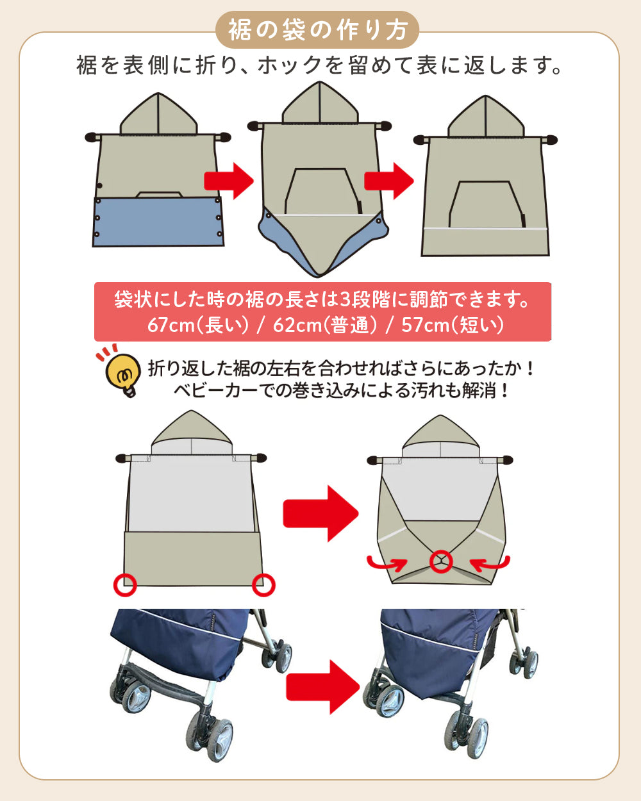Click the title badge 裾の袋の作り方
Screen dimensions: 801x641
pyautogui.click(x=318, y=30)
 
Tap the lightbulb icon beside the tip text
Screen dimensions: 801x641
pyautogui.click(x=122, y=373)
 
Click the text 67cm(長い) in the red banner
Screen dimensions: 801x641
pyautogui.click(x=197, y=325)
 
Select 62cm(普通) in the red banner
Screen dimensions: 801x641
pyautogui.click(x=324, y=325)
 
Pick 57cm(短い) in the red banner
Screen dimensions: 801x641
pyautogui.click(x=453, y=325)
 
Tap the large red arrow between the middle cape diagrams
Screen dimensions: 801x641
pyautogui.click(x=320, y=513)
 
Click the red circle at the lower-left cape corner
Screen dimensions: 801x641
pyautogui.click(x=124, y=584)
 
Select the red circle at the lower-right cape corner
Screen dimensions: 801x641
pyautogui.click(x=263, y=584)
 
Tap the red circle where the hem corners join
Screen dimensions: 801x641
pyautogui.click(x=441, y=561)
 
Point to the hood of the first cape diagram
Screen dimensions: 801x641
pyautogui.click(x=158, y=115)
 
